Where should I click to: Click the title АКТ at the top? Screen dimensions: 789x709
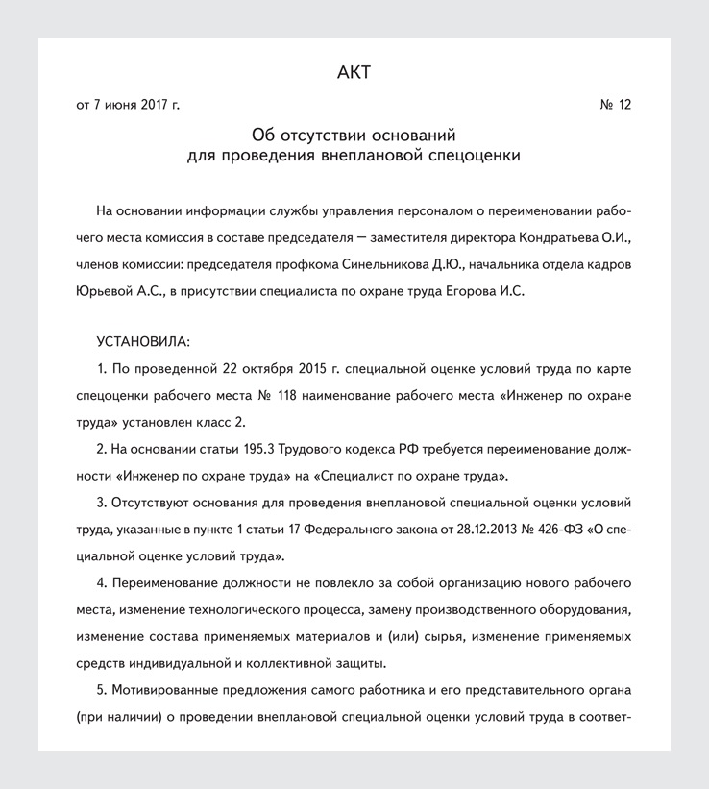click(354, 72)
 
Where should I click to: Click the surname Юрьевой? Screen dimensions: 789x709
click(103, 290)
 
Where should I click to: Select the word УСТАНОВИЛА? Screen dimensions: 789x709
click(143, 341)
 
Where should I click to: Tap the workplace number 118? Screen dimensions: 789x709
click(286, 395)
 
